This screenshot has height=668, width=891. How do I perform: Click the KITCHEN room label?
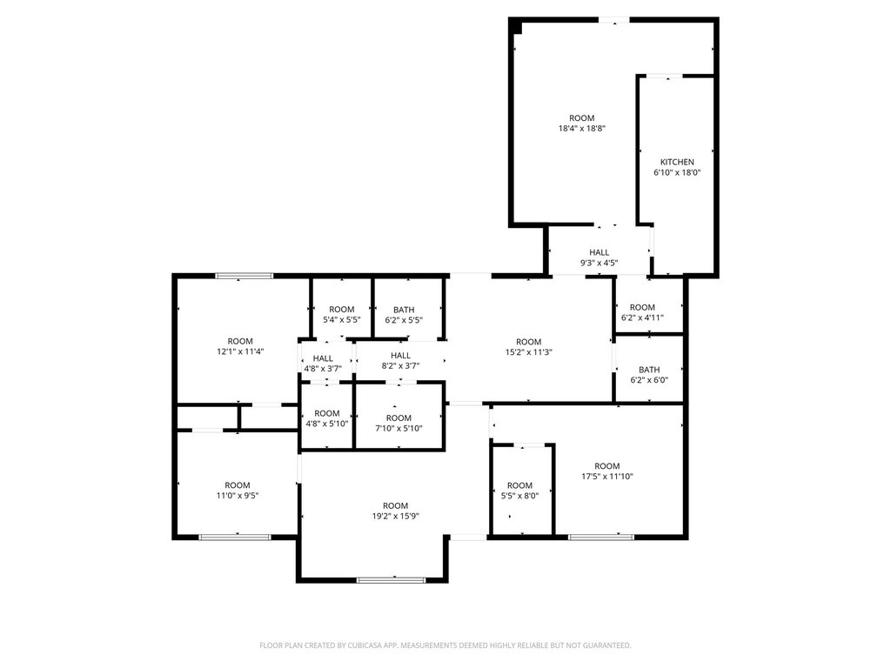click(677, 162)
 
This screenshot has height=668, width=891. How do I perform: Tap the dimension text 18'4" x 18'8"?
click(582, 129)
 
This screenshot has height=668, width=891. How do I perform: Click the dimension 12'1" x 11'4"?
click(240, 351)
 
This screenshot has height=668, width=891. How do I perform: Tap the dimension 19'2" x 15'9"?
click(396, 517)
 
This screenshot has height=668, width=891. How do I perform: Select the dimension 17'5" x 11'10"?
click(606, 477)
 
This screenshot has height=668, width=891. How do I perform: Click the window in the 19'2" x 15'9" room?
click(391, 580)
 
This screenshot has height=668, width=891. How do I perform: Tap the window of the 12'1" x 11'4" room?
click(245, 276)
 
